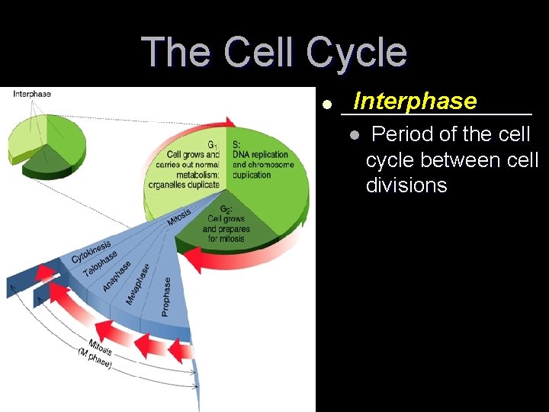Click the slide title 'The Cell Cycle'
tap(274, 52)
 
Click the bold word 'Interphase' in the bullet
tap(415, 101)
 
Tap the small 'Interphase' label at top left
tap(32, 94)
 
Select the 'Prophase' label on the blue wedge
tap(166, 296)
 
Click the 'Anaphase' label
tap(116, 275)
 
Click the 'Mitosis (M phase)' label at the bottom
tap(98, 354)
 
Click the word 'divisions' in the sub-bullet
tap(406, 185)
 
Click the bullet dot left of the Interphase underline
tap(326, 105)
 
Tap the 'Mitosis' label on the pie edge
tap(181, 217)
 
